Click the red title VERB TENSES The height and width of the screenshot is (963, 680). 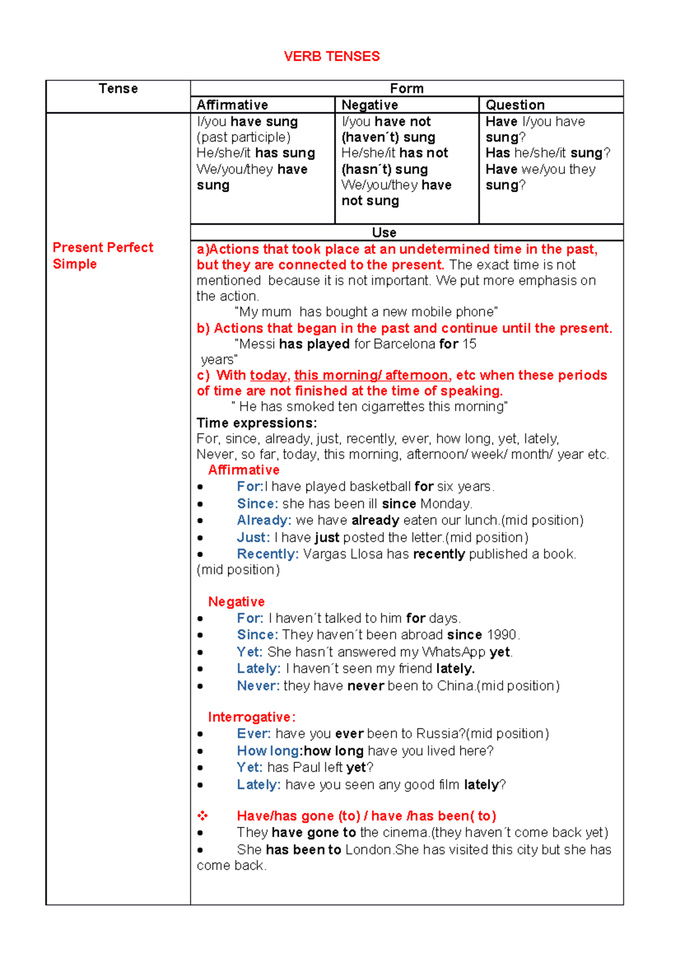(331, 56)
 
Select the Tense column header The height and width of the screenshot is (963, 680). (118, 88)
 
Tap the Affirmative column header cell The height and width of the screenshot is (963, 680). (232, 105)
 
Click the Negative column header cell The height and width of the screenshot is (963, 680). (369, 105)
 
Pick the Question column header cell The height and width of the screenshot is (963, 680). (515, 105)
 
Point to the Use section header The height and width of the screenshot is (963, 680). (384, 233)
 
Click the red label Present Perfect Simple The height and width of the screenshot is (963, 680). (103, 255)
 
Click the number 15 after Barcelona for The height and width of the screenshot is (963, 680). (469, 344)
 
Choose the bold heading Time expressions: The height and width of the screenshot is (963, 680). (257, 423)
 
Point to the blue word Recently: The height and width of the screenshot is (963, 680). (267, 554)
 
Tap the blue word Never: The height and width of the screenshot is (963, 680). (258, 686)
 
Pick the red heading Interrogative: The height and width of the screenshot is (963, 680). (252, 717)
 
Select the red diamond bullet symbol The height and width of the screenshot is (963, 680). (202, 816)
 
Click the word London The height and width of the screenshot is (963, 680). (368, 850)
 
